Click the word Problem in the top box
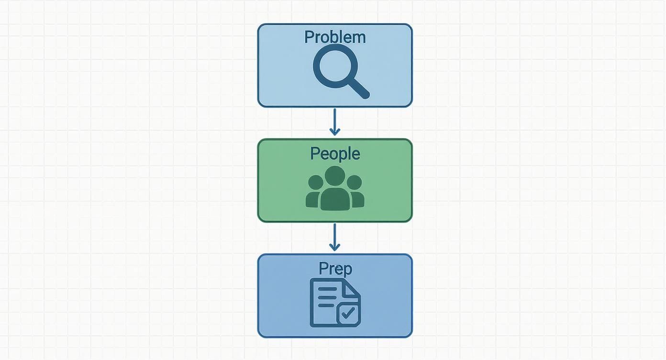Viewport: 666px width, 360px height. [x=335, y=37]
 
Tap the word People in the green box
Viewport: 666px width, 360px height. [x=335, y=154]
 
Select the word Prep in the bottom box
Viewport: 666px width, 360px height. [x=335, y=269]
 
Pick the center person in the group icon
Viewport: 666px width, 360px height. [x=335, y=191]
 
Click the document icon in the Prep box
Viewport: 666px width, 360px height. [x=335, y=303]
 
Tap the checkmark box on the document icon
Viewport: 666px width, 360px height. [x=349, y=314]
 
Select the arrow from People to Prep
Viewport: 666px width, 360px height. [x=335, y=236]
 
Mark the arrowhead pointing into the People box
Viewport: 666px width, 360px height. [x=335, y=131]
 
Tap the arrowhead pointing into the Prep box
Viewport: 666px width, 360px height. [x=335, y=247]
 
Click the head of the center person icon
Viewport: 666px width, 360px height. [x=335, y=176]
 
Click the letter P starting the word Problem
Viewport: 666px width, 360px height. [x=309, y=37]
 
